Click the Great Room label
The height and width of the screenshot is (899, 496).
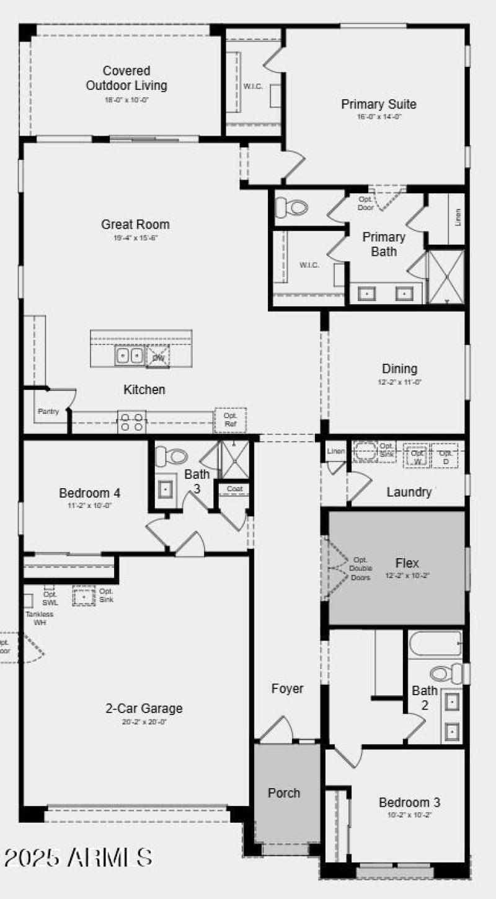point(135,224)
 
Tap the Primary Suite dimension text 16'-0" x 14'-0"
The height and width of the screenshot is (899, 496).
point(379,116)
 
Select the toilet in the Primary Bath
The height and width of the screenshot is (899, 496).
point(291,207)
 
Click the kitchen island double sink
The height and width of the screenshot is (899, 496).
point(129,356)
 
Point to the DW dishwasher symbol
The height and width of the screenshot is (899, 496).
point(158,357)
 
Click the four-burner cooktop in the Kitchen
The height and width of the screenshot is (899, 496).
point(131,422)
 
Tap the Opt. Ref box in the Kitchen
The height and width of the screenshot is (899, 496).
point(230,419)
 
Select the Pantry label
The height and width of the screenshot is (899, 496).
point(48,411)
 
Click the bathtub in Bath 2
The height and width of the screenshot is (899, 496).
point(435,645)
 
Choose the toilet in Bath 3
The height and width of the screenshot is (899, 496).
point(170,457)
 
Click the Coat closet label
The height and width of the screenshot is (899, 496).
point(234,489)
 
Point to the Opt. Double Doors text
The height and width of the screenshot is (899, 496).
point(360,568)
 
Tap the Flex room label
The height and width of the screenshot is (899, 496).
point(407,563)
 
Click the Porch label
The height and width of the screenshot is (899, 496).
point(284,793)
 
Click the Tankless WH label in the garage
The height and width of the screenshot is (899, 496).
point(39,618)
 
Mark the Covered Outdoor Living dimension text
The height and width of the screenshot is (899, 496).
point(126,99)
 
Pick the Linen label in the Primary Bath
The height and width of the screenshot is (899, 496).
point(458,217)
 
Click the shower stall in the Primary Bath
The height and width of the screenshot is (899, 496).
point(446,276)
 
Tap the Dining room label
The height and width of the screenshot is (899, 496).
point(399,369)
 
